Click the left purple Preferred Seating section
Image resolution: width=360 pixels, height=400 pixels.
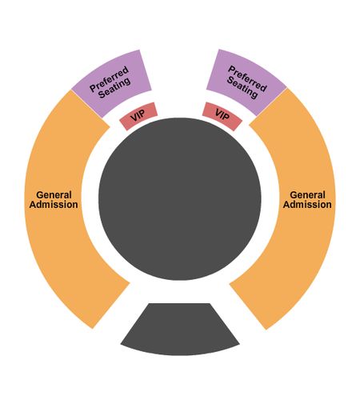click(x=112, y=82)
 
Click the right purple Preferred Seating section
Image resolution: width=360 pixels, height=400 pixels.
click(x=246, y=82)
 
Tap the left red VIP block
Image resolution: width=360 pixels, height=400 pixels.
click(x=138, y=116)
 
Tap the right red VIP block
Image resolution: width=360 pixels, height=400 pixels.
click(x=222, y=116)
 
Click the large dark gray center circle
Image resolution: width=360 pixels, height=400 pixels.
click(x=180, y=199)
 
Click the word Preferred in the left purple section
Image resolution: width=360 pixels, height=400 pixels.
click(x=109, y=79)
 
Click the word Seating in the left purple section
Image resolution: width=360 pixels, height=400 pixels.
click(x=114, y=88)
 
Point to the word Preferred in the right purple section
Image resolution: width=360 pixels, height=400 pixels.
click(x=247, y=78)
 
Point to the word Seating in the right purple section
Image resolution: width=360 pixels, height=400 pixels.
click(x=242, y=88)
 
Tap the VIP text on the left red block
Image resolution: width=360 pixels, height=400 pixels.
click(x=138, y=116)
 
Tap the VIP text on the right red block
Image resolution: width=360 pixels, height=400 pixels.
click(x=222, y=115)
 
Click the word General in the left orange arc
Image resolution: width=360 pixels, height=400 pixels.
click(x=54, y=195)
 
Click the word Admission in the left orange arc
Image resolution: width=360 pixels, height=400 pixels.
click(x=54, y=205)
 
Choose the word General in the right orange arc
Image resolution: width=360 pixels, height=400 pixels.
click(x=307, y=195)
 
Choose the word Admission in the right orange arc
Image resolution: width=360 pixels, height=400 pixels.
click(x=307, y=205)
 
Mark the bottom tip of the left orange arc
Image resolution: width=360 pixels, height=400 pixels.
click(x=93, y=329)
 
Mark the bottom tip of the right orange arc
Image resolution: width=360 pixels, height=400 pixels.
click(x=266, y=330)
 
